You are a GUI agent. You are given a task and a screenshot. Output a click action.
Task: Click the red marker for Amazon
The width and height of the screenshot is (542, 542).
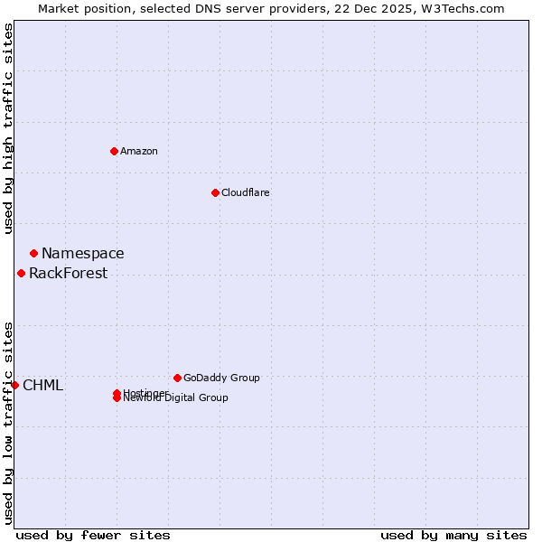click(x=114, y=151)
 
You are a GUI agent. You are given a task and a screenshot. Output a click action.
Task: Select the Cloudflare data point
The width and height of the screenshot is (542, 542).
click(x=215, y=192)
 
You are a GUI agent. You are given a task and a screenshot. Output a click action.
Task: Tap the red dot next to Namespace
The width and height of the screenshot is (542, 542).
click(x=33, y=253)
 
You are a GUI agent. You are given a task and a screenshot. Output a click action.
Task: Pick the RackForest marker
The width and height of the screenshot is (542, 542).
click(x=21, y=273)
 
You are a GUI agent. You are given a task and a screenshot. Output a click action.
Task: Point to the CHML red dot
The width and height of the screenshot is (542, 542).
click(x=14, y=385)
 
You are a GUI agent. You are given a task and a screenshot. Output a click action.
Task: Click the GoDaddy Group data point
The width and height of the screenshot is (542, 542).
click(x=177, y=378)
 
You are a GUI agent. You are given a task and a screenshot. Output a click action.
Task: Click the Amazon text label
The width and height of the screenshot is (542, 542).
click(x=138, y=151)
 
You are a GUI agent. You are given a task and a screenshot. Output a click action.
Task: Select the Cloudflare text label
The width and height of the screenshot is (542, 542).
click(x=245, y=192)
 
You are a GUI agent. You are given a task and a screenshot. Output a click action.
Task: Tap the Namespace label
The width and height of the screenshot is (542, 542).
click(x=82, y=254)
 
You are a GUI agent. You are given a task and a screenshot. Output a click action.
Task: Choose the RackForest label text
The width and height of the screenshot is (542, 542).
click(x=68, y=274)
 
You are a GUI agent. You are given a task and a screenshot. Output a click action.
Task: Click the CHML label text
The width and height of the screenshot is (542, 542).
click(x=42, y=386)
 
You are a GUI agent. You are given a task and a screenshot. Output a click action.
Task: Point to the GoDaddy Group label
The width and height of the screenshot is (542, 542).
click(x=220, y=378)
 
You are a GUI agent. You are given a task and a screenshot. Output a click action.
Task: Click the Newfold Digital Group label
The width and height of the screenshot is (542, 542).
click(x=176, y=398)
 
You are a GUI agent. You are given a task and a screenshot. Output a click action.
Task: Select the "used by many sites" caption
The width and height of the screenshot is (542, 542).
click(x=453, y=535)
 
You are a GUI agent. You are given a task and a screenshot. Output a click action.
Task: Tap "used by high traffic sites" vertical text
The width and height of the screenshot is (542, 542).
click(x=8, y=127)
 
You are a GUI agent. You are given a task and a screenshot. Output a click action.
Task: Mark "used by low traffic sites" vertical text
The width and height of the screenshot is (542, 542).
click(x=8, y=422)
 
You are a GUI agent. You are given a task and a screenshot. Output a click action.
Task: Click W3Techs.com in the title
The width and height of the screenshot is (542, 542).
click(x=464, y=8)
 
